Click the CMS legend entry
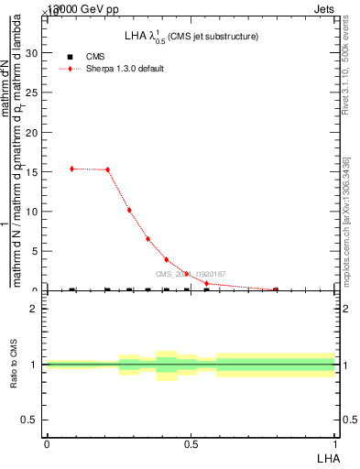pos(95,57)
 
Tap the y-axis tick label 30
pos(34,53)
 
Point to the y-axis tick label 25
pos(34,93)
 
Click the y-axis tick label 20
pos(34,132)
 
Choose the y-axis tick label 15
pos(34,171)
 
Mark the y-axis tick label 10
pos(34,212)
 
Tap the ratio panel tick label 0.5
pos(32,420)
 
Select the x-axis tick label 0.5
pos(191,444)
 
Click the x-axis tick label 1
pos(335,444)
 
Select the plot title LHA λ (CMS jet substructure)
pos(191,36)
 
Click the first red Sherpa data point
pos(71,169)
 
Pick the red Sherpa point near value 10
pos(129,210)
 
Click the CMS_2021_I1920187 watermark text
pos(190,274)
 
